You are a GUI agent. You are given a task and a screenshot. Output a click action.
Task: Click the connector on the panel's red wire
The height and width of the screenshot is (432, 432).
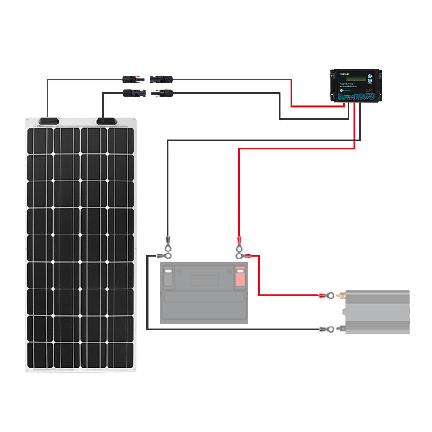click(132, 79)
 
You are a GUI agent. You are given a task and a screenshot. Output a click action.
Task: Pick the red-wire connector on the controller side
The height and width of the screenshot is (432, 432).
click(161, 79)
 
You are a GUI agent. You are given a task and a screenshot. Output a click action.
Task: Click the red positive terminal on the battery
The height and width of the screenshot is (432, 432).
click(240, 276)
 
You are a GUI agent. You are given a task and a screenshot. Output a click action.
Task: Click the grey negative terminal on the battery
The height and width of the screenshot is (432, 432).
click(168, 276)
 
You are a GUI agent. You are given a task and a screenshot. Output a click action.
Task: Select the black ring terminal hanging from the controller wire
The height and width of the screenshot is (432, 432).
click(168, 241)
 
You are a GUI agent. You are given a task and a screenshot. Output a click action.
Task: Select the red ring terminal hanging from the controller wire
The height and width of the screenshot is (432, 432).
click(238, 241)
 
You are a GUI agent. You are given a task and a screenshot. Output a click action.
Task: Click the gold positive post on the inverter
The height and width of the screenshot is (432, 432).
click(341, 296)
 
